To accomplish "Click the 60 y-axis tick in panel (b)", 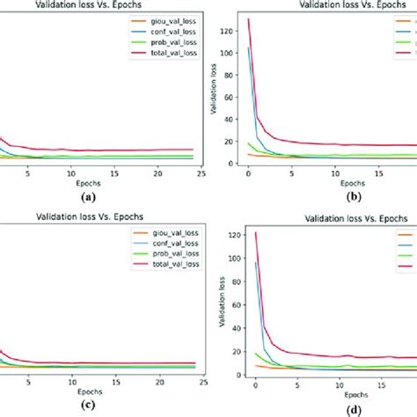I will pos(234,98).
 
